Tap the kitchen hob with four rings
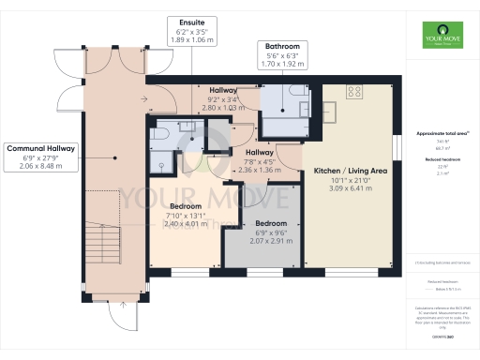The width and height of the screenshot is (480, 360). coord(356,91)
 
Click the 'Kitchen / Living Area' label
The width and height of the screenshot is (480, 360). coord(351,171)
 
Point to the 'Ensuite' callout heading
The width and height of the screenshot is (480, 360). coord(191,22)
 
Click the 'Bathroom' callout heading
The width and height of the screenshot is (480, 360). coord(281,46)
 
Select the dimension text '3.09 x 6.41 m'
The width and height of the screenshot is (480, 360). coord(351,189)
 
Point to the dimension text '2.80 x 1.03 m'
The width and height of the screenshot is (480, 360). coord(222,108)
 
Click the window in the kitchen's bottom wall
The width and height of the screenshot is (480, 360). coord(352,273)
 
